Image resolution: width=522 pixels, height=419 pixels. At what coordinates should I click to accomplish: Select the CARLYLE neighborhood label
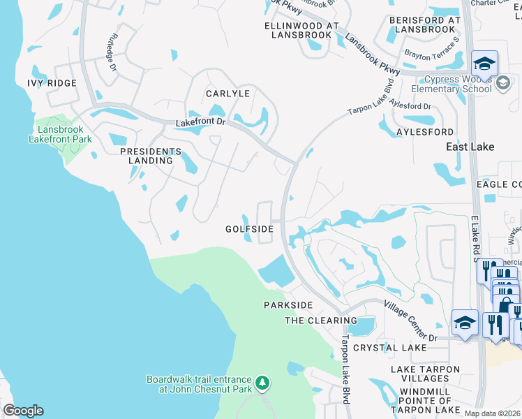(x=227, y=93)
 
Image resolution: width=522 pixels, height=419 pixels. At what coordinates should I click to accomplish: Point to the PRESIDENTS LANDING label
(x=150, y=156)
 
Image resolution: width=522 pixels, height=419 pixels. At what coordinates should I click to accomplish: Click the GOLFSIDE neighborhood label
(x=249, y=229)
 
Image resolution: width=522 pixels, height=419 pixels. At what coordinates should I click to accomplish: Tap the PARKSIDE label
(x=288, y=305)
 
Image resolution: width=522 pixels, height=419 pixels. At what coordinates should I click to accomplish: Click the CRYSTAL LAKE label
(x=389, y=347)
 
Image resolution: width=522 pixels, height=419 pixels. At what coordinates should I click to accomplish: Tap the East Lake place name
(x=470, y=147)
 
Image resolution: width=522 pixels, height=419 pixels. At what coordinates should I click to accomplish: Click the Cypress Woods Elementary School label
(x=451, y=84)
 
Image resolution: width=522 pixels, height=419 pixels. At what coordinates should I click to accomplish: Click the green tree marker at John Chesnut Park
(x=262, y=383)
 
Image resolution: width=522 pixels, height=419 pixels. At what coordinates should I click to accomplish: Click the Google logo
(x=24, y=411)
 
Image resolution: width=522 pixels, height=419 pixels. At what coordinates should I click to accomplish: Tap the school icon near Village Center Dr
(x=465, y=323)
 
